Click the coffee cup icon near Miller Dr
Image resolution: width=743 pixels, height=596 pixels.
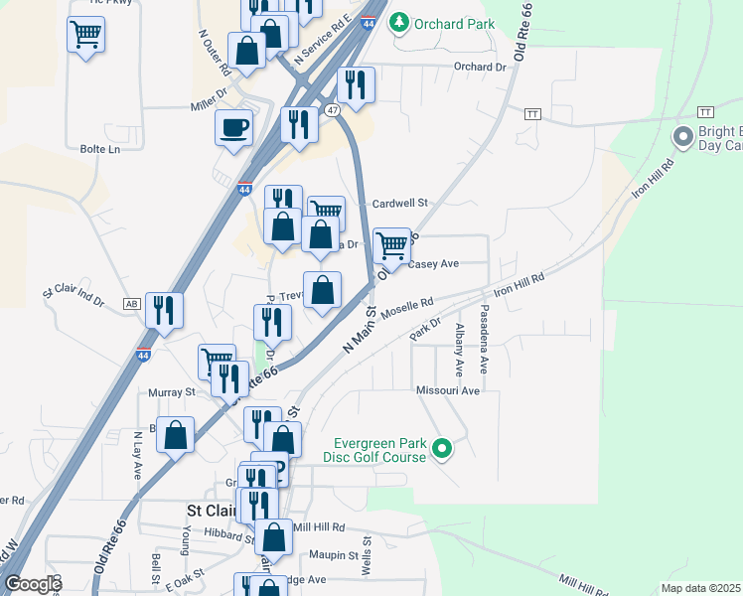coord(233,128)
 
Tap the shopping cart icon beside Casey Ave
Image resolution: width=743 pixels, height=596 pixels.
coord(392,244)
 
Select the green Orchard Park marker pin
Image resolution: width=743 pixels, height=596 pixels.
coord(399,22)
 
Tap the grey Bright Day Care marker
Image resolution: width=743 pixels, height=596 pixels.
coord(683,137)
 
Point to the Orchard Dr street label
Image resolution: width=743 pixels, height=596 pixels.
coord(480,67)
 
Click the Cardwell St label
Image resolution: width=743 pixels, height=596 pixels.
coord(399,203)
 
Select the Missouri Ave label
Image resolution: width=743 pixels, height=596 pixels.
coord(448,391)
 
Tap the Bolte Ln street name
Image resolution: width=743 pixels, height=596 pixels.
coord(99,149)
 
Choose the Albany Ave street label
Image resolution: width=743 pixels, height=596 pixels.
coord(459,350)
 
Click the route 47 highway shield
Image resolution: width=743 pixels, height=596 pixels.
coord(333,109)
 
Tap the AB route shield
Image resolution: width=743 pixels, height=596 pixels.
coord(131,303)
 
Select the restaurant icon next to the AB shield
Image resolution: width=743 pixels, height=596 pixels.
coord(164,310)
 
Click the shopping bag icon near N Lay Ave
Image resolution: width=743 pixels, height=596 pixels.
coord(175,435)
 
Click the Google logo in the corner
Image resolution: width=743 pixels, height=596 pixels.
coord(32,584)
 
